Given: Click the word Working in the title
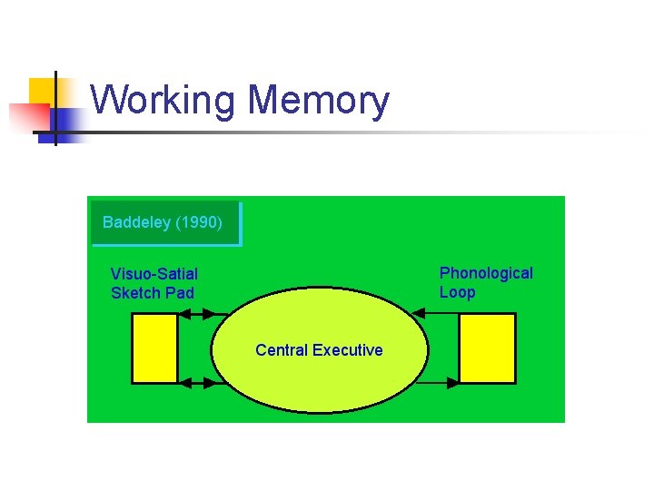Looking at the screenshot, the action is (163, 101).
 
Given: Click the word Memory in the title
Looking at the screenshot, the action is (317, 101).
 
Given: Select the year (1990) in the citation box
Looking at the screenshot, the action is (199, 222).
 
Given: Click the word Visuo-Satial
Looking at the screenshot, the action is (154, 274).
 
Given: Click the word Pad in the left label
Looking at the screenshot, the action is (180, 293).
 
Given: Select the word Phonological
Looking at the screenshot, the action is (486, 273).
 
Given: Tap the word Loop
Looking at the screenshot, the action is (457, 292).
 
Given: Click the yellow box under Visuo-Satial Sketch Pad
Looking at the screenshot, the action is (154, 348).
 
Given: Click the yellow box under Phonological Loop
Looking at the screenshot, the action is (487, 348).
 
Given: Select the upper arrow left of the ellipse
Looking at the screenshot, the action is (197, 314).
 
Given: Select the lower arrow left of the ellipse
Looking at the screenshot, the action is (197, 383).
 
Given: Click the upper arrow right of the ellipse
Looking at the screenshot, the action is (436, 313).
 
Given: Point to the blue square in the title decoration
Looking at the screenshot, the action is (66, 120).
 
